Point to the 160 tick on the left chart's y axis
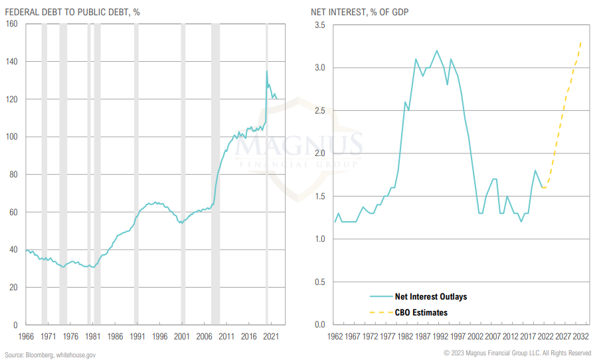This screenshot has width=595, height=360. click(x=11, y=25)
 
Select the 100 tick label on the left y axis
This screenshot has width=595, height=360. click(x=11, y=137)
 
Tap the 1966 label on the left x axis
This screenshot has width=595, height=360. click(x=26, y=337)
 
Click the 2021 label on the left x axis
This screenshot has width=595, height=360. click(x=271, y=337)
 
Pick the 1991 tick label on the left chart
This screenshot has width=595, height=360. click(x=137, y=337)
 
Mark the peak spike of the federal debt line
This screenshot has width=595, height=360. click(x=267, y=71)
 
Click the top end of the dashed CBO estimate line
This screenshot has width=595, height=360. click(x=581, y=43)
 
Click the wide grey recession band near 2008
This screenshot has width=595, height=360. click(x=216, y=173)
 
